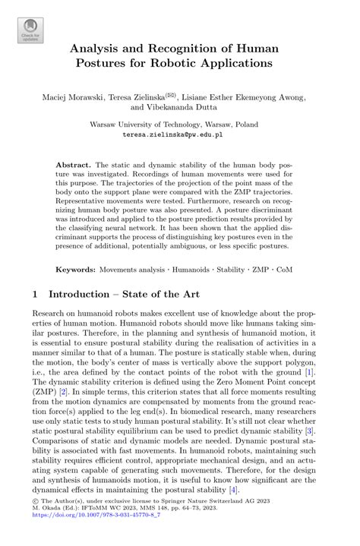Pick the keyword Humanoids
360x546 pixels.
tap(194, 270)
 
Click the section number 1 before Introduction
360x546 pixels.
tap(36, 294)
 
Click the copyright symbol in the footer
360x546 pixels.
tap(38, 524)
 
